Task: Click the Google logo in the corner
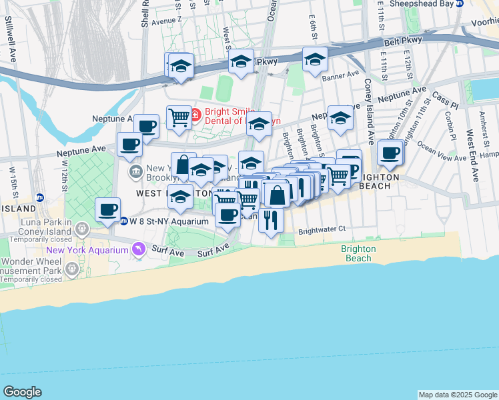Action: pyautogui.click(x=22, y=392)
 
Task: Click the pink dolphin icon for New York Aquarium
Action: pyautogui.click(x=138, y=248)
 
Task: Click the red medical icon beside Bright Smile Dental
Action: pyautogui.click(x=195, y=115)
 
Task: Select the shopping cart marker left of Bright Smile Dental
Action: pyautogui.click(x=179, y=117)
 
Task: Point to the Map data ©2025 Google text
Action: pyautogui.click(x=457, y=395)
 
